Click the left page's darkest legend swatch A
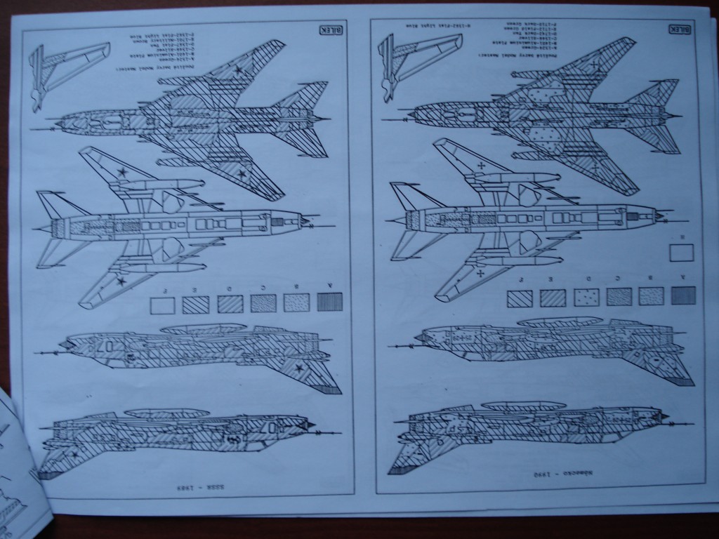click(x=329, y=302)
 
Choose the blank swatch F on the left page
click(x=163, y=305)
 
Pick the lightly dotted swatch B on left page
click(x=296, y=302)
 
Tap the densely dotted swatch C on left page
click(x=263, y=303)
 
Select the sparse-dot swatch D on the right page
click(x=587, y=297)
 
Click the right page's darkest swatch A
click(x=682, y=295)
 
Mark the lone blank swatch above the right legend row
click(x=681, y=252)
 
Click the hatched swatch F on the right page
click(x=520, y=299)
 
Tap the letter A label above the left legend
click(x=329, y=286)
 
